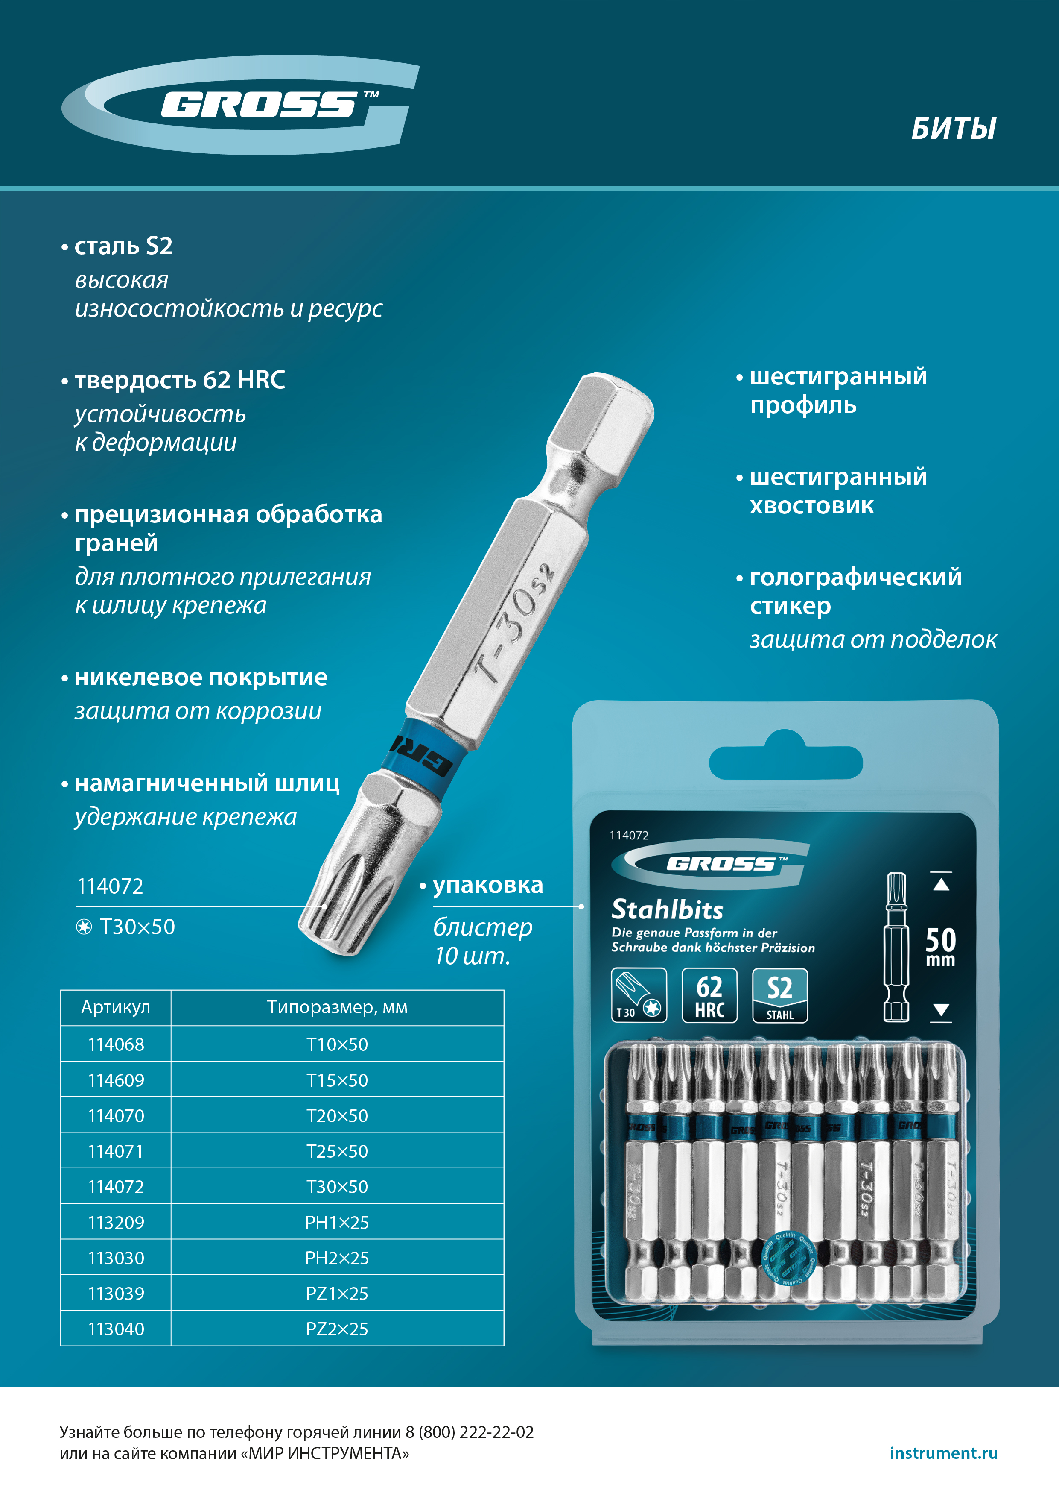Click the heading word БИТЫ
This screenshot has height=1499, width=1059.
click(953, 129)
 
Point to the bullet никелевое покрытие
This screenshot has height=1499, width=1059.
click(200, 677)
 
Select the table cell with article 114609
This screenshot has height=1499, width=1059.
click(116, 1080)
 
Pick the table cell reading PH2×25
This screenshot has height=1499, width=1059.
click(337, 1258)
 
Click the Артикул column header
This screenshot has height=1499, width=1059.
click(116, 1007)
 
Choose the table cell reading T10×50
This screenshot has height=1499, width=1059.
click(337, 1044)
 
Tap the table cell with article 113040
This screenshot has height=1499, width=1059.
click(116, 1329)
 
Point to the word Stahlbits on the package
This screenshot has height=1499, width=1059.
click(667, 909)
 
